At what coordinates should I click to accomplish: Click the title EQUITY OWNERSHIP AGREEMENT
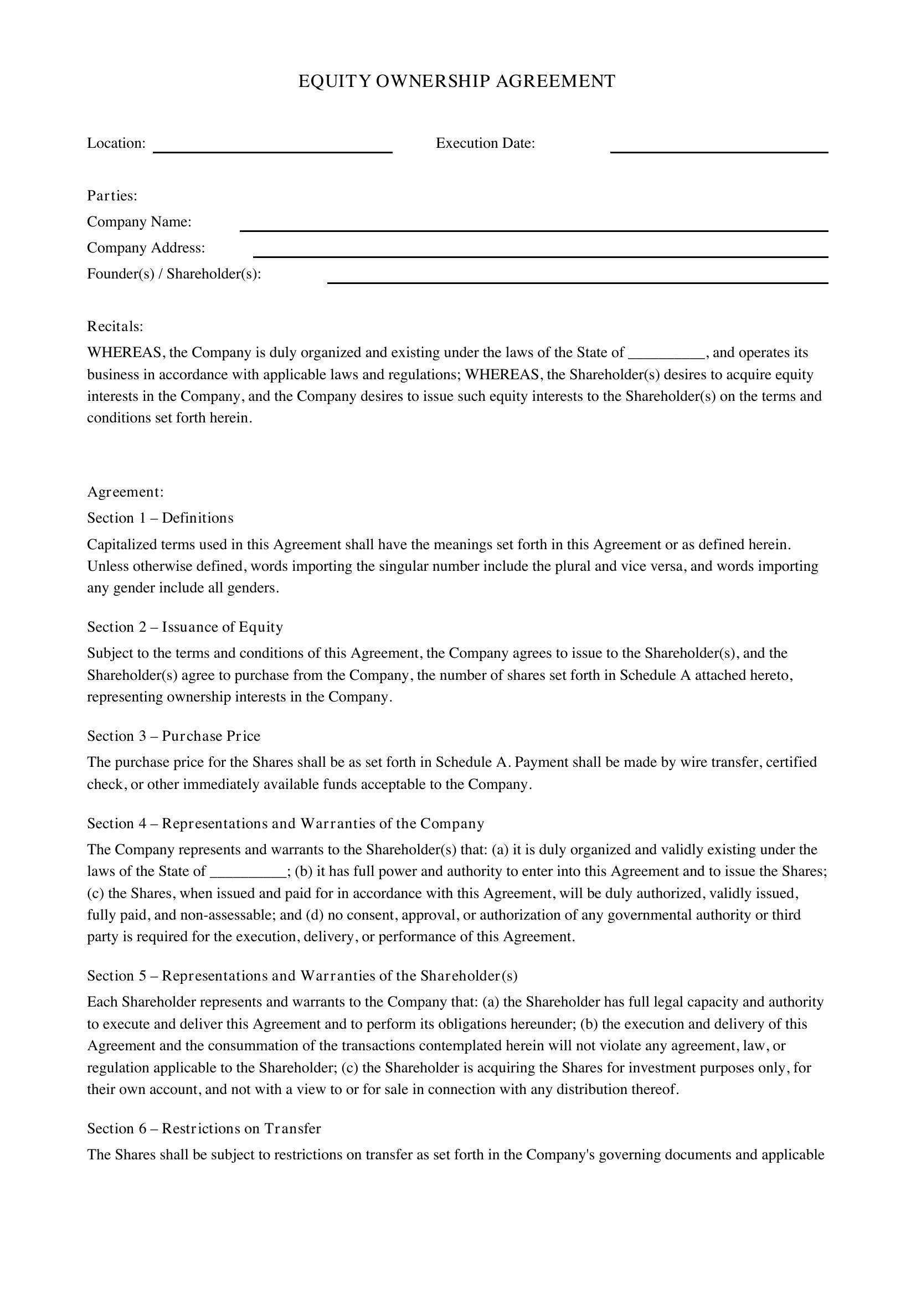(x=456, y=81)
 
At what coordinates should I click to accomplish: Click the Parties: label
(x=112, y=195)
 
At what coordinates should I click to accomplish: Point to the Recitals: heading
(x=115, y=327)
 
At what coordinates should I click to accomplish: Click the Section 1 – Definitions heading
(x=160, y=518)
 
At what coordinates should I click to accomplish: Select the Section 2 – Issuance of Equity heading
(x=185, y=627)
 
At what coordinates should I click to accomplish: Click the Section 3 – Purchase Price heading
(x=174, y=736)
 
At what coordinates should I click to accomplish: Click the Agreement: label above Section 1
(x=125, y=492)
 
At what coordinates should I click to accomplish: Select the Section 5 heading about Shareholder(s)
(x=302, y=975)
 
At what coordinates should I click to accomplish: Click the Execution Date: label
(x=485, y=143)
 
